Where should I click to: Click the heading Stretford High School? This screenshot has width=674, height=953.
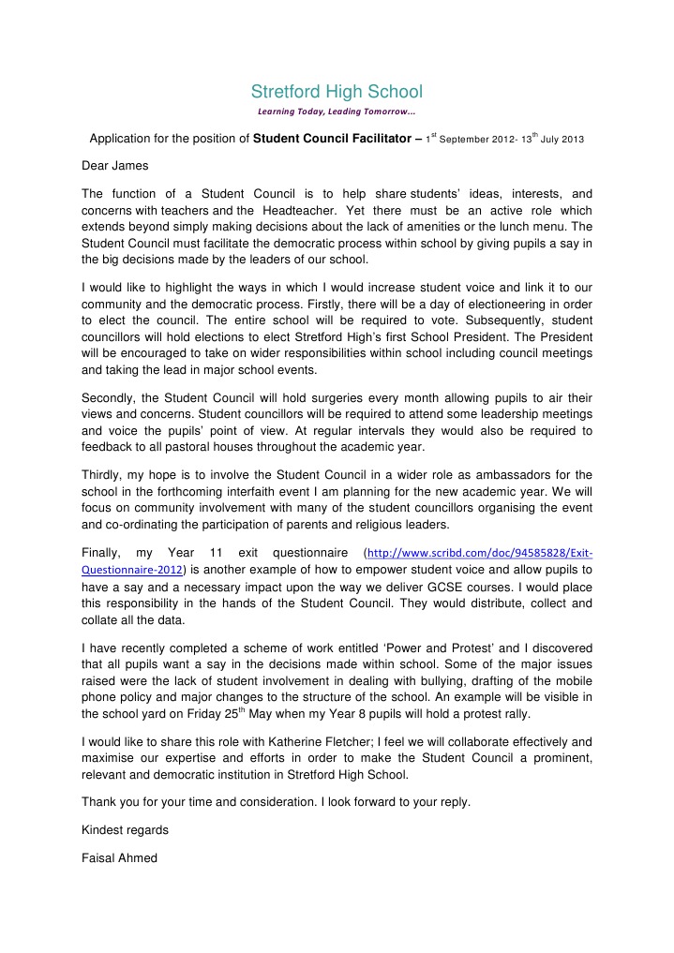[x=337, y=91]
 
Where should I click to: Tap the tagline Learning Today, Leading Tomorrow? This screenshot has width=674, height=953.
[x=337, y=112]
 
